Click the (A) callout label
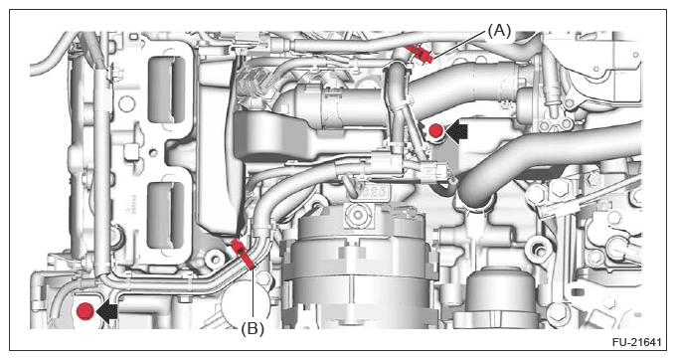[499, 31]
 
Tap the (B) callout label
[253, 329]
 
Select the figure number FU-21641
[637, 342]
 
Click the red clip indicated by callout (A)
[420, 54]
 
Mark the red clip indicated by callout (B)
[243, 255]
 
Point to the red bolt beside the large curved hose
[435, 130]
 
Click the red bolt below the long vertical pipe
[84, 311]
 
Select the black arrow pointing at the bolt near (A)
[456, 131]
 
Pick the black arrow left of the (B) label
[106, 310]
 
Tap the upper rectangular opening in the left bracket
[166, 90]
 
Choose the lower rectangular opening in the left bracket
[166, 215]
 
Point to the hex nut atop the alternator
[357, 214]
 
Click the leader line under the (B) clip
[253, 294]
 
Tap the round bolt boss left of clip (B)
[215, 259]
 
